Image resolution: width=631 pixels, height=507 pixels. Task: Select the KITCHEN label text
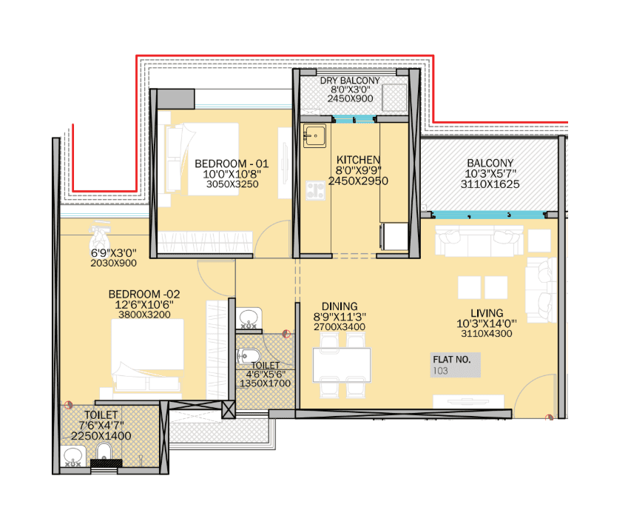coord(358,160)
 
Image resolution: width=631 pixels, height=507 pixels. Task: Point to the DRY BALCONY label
coord(350,81)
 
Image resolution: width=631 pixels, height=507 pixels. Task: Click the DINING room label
coord(340,306)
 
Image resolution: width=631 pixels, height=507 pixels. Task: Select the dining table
coord(341,363)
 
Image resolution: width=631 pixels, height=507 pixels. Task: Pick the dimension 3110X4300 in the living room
coord(485,334)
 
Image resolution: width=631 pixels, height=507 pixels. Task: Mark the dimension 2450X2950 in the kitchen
coord(358,181)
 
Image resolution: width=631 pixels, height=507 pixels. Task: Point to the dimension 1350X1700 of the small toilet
coord(265,383)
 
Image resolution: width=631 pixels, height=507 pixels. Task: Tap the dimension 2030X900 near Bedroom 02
coord(113,263)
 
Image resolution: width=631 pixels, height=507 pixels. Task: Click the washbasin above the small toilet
coord(249,319)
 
